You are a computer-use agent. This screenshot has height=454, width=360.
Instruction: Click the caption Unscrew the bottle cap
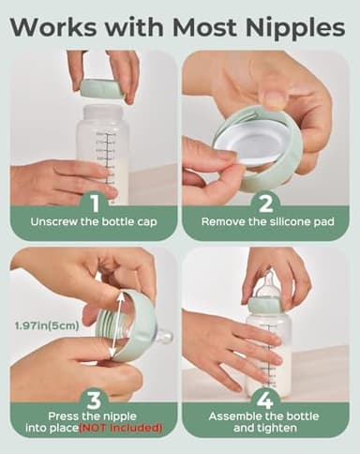point(94,224)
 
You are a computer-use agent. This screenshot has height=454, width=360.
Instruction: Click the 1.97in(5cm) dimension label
point(48,325)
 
